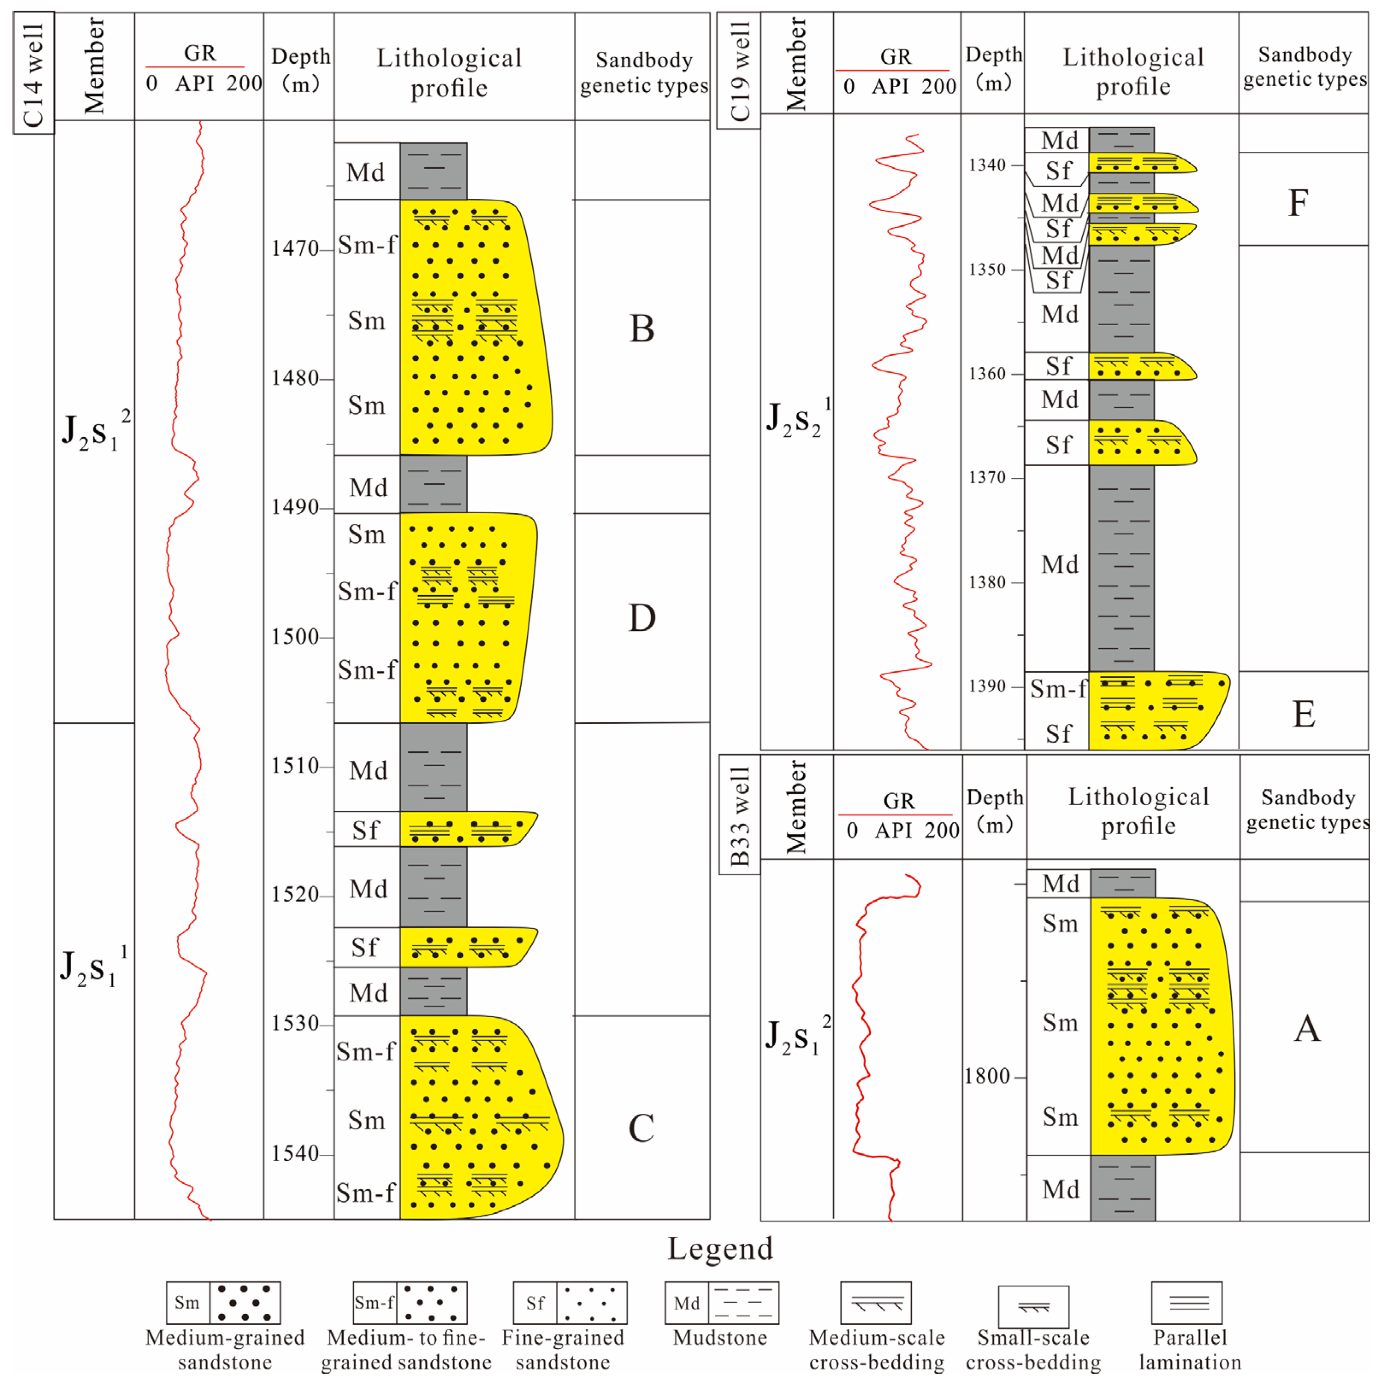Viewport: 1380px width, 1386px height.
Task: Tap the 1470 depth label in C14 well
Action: coord(294,249)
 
